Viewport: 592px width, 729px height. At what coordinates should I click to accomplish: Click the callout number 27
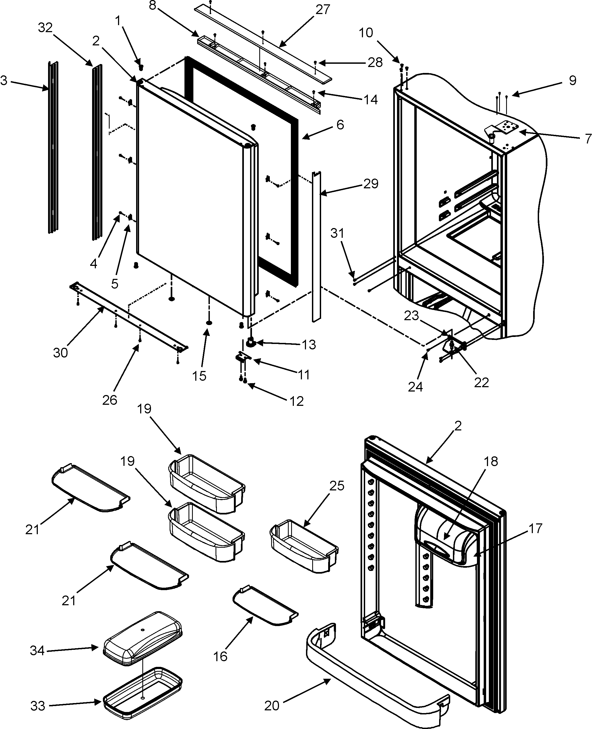click(322, 9)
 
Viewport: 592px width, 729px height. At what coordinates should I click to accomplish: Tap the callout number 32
click(45, 28)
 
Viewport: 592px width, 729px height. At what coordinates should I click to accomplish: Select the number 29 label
click(371, 183)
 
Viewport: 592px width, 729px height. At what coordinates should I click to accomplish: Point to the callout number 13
click(309, 345)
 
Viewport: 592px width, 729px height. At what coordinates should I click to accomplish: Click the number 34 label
click(37, 651)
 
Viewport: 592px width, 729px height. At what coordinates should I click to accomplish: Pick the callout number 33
click(38, 706)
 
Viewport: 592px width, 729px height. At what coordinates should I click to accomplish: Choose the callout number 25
click(337, 486)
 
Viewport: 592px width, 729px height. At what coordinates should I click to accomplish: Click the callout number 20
click(272, 706)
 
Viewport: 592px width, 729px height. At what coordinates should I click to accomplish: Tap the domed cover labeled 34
click(143, 637)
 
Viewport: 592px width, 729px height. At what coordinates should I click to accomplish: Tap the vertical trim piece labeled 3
click(53, 147)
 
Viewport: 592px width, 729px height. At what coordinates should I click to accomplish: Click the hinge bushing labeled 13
click(252, 342)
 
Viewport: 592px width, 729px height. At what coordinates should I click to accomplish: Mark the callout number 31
click(337, 233)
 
